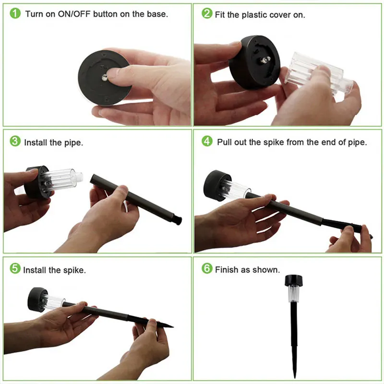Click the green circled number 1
[15, 13]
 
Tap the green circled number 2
[207, 13]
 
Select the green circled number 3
[15, 141]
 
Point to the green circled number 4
[207, 141]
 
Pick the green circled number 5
[15, 268]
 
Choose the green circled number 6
[207, 268]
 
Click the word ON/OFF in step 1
[74, 14]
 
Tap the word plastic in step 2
[254, 15]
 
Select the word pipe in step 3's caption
[73, 143]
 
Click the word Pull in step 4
[224, 142]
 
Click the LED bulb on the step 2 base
[265, 60]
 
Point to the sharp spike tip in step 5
[173, 326]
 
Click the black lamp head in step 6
[293, 280]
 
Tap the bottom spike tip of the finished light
[295, 378]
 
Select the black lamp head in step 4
[216, 185]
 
